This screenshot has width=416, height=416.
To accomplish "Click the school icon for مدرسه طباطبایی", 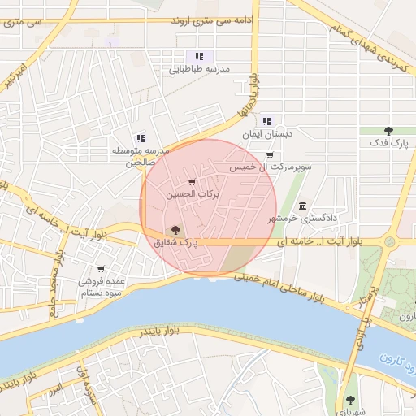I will coord(198,56).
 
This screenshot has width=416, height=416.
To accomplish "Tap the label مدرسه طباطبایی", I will coord(199,70).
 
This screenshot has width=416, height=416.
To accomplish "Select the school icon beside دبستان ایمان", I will coord(267,120).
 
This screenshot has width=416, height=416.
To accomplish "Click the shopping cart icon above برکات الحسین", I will coord(192,182).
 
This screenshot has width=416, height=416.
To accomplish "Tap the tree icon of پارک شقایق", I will coord(176,230).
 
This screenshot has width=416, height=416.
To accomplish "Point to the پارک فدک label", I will coord(388,143).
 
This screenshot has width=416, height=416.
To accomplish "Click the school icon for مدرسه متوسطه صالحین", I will coord(140,138).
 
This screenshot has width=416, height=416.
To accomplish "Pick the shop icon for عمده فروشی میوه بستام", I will coord(101,269).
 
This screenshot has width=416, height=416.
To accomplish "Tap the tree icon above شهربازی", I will coord(350,399).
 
